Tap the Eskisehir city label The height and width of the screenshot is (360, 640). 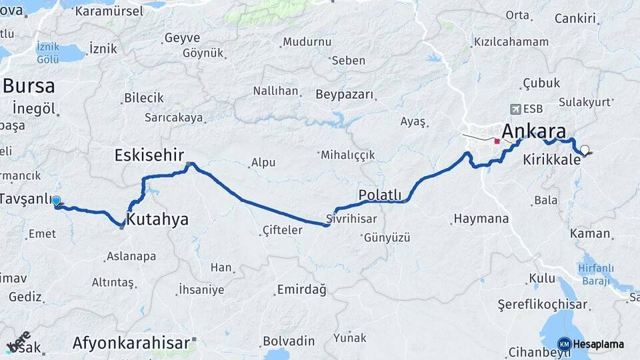149,155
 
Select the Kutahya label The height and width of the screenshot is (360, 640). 157,219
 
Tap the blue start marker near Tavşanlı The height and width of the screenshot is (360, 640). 56,201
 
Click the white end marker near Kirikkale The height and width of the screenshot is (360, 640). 585,150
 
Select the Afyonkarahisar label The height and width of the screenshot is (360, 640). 131,343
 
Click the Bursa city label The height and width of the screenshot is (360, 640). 29,86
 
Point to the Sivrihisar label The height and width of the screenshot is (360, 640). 352,219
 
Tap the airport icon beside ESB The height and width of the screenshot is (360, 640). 515,109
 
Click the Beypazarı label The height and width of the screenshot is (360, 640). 345,94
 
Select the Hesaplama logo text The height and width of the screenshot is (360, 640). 599,345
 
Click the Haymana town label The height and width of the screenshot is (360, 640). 481,219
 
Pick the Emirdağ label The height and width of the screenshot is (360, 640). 301,290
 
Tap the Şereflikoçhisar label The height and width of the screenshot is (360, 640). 543,305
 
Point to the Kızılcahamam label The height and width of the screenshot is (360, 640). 511,42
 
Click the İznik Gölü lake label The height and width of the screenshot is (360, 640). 48,53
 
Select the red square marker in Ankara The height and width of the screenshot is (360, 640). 497,141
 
